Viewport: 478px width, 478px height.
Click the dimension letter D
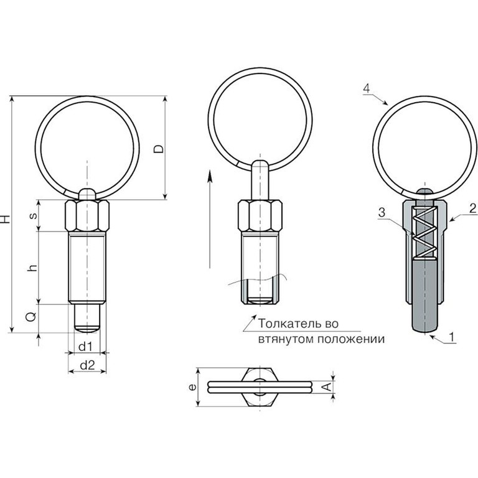(159, 149)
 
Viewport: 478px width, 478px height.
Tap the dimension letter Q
(31, 317)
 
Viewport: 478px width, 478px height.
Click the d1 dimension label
(85, 347)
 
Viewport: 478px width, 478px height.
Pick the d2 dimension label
(88, 365)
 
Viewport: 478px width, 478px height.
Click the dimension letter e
(192, 387)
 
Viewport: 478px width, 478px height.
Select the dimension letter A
(327, 387)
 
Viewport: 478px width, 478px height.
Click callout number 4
(367, 88)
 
